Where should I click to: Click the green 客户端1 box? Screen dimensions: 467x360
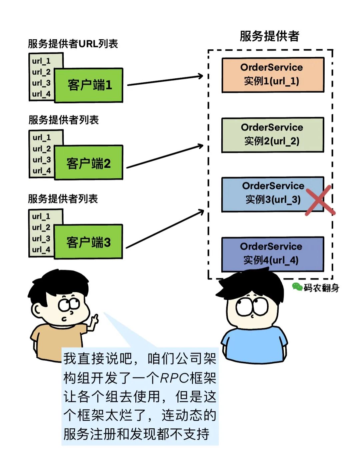click(x=89, y=85)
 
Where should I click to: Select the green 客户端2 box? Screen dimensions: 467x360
click(x=89, y=163)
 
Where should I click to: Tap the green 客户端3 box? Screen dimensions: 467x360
click(x=88, y=242)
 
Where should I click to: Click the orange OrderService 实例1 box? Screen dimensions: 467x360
click(x=272, y=75)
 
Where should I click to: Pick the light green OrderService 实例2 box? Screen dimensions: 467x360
click(x=272, y=135)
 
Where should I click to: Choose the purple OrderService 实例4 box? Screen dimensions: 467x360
click(x=272, y=254)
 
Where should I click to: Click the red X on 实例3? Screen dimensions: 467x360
click(x=320, y=200)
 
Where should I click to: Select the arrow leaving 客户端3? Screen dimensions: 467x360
click(x=165, y=229)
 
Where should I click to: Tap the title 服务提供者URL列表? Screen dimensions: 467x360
click(x=73, y=44)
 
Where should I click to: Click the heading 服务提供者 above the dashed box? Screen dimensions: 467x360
click(x=269, y=36)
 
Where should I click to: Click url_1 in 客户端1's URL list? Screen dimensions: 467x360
click(x=41, y=61)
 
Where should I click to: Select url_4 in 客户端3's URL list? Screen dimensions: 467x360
click(x=41, y=249)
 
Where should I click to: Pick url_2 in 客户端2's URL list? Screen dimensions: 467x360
click(x=42, y=149)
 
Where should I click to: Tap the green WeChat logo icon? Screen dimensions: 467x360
click(x=297, y=286)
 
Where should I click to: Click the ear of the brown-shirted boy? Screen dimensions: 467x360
click(x=39, y=311)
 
